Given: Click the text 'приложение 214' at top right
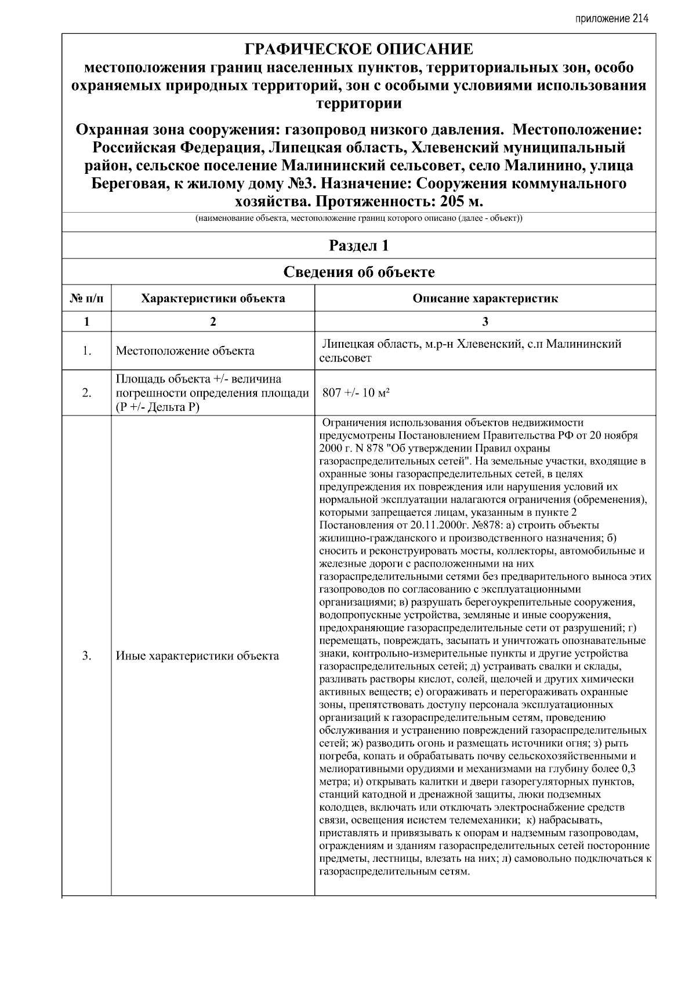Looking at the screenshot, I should tap(611, 18).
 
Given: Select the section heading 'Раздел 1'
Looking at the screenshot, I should tap(358, 246).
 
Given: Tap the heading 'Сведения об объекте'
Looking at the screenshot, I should tap(358, 272).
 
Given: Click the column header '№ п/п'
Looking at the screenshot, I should tap(86, 299).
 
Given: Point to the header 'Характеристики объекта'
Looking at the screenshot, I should tap(213, 299).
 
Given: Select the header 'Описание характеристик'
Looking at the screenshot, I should tap(485, 299).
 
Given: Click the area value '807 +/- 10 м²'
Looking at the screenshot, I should tap(355, 393).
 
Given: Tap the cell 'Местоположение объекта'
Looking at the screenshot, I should tap(184, 351).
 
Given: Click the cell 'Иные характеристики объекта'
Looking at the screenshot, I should tap(197, 656).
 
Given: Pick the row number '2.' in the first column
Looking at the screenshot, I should tap(86, 393).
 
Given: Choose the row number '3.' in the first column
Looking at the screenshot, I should tap(86, 656).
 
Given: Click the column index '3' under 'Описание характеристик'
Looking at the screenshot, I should tap(485, 322).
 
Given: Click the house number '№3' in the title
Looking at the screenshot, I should tap(300, 184).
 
